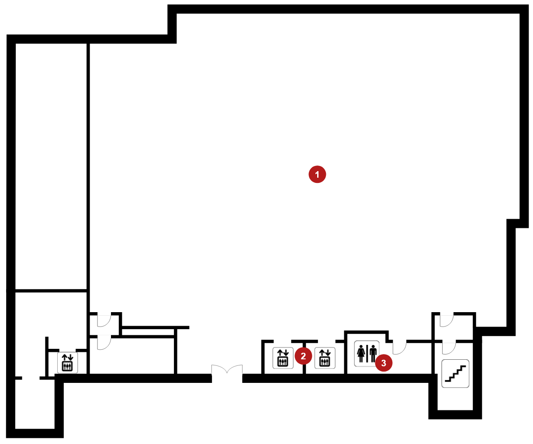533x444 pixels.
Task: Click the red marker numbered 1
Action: tap(317, 174)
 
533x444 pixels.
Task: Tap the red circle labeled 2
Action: tap(303, 356)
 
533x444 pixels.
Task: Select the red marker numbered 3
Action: tap(384, 363)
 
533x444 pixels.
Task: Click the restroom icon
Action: tap(367, 354)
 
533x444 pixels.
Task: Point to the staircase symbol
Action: tap(455, 374)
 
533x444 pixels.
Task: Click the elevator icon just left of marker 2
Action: tap(283, 358)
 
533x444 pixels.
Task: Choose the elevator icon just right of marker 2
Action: tap(325, 358)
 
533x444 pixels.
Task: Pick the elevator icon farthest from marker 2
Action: tap(67, 363)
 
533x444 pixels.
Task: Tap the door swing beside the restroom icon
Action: tap(399, 347)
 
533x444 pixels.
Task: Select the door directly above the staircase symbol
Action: tap(449, 347)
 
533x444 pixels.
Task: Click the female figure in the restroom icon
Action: tap(361, 354)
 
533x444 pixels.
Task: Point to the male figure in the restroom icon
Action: tap(373, 354)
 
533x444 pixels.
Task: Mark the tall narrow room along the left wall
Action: tap(51, 166)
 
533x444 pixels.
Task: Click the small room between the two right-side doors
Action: tap(453, 328)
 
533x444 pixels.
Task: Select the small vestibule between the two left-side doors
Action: tap(104, 325)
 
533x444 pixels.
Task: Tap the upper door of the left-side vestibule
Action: tap(104, 320)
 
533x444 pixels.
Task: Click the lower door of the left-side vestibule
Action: tap(104, 342)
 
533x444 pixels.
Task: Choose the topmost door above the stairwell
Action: tap(446, 320)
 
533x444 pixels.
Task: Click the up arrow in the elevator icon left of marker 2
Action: tap(280, 353)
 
